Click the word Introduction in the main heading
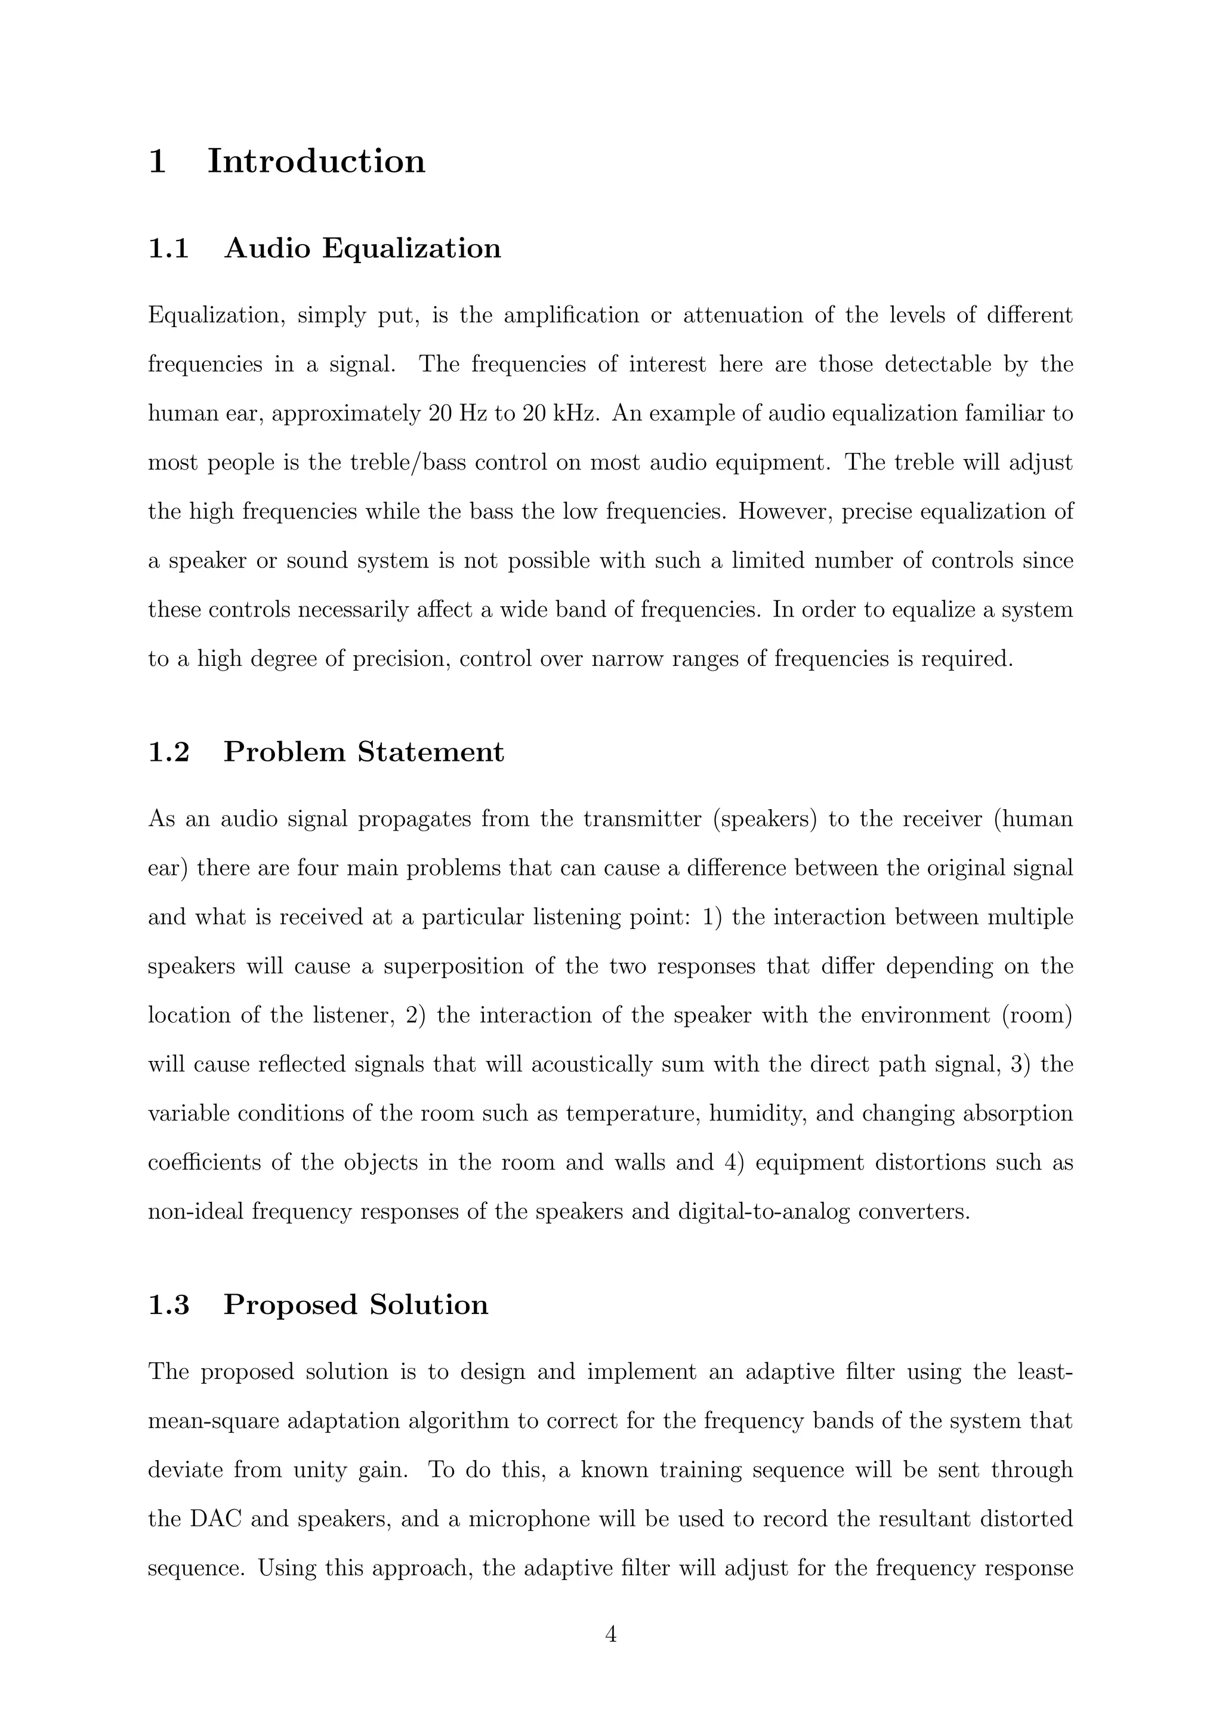(x=316, y=161)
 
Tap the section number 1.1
(x=168, y=248)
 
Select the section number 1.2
(x=168, y=752)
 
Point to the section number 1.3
(x=168, y=1304)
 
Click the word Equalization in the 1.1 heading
(x=412, y=248)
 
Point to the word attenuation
(x=743, y=314)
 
